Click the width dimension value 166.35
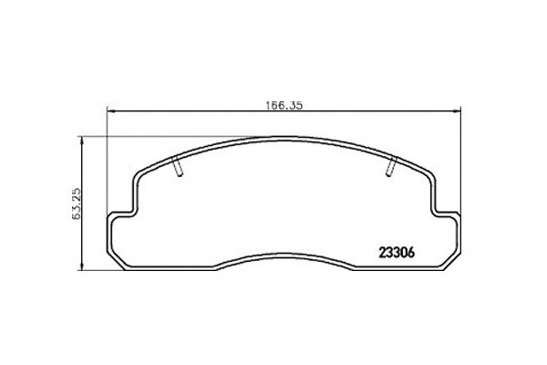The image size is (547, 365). (x=284, y=106)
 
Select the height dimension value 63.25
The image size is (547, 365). (x=77, y=203)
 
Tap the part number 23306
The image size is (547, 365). (x=397, y=252)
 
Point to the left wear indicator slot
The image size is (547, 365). (x=177, y=166)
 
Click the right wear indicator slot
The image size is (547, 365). (x=391, y=166)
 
